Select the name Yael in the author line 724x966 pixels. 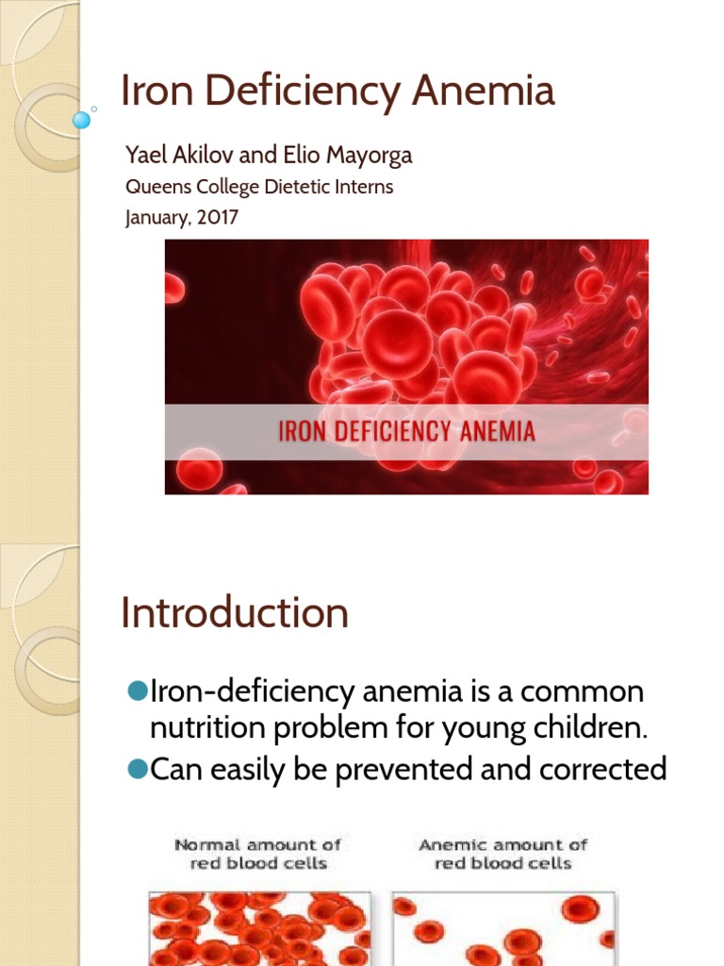coord(146,156)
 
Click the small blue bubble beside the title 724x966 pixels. coord(82,120)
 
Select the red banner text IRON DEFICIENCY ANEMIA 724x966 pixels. coord(406,433)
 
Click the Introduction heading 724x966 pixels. coord(235,614)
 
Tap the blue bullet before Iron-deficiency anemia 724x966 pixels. coord(138,691)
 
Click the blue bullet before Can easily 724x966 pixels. coord(138,770)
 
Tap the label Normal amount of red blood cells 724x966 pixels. coord(257,854)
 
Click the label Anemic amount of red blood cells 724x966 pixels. coord(502,854)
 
